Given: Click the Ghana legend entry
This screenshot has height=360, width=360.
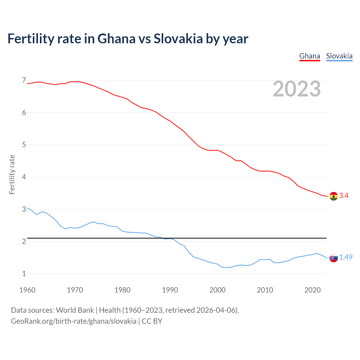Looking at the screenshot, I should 310,56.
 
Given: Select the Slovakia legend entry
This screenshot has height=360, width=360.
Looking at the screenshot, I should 339,56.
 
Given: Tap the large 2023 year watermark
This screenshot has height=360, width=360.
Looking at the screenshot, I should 297,89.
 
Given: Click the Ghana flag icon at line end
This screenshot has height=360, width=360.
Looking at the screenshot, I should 334,196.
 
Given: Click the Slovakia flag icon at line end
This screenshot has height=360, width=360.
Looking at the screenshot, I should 334,258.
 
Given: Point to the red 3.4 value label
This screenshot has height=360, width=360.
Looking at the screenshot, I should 344,196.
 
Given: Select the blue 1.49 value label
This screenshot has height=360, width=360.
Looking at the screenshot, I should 346,257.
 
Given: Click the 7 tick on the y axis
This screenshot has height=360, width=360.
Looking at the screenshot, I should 24,80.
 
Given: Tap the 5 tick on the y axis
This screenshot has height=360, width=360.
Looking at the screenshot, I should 24,145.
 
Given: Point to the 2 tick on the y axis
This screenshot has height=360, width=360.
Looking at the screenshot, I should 24,242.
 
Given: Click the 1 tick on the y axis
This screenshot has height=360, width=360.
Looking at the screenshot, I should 24,274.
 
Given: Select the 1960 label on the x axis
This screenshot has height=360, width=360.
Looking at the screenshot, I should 27,290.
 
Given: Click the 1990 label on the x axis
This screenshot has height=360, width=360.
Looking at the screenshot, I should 170,290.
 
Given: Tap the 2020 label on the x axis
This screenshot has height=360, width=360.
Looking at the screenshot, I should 312,290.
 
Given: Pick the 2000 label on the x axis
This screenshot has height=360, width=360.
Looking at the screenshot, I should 217,290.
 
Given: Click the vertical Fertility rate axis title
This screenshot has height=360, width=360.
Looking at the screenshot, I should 12,174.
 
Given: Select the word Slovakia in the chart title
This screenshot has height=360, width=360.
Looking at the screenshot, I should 178,39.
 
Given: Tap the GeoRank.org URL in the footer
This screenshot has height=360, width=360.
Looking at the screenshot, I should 74,321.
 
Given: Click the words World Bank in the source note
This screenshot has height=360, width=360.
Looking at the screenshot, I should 75,310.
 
